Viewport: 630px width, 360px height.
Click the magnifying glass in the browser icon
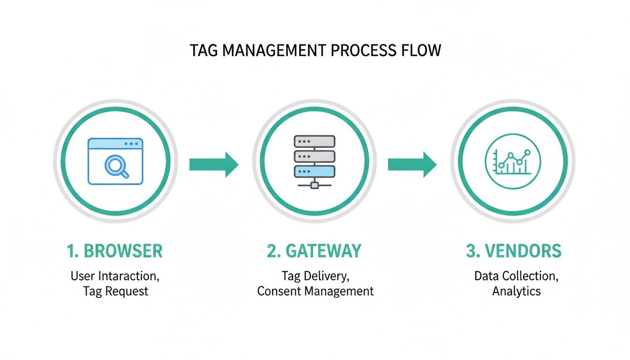coord(115,166)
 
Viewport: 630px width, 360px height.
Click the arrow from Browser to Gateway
coord(214,164)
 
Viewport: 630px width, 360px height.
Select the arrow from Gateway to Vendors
coord(412,164)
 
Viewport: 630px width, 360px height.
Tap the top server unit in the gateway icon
coord(315,142)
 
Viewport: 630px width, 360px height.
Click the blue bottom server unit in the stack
coord(315,171)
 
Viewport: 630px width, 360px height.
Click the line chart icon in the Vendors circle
coord(513,162)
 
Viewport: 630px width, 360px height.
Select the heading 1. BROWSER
coord(115,251)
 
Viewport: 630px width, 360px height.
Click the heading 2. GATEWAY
coord(314,251)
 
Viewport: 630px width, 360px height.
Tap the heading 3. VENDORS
coord(514,251)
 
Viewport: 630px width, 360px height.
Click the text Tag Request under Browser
coord(115,291)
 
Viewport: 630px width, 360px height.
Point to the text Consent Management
coord(315,291)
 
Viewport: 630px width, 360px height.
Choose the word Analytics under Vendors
coord(516,291)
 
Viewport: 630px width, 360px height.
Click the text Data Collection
coord(515,276)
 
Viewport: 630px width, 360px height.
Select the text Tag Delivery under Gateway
coord(315,276)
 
